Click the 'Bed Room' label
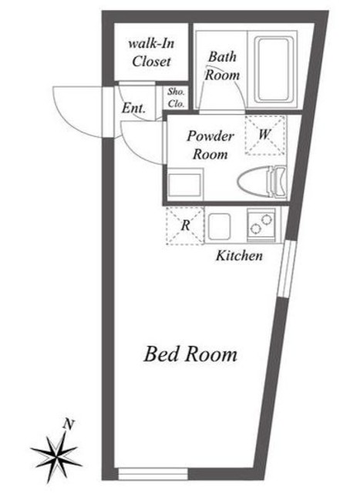[190, 355]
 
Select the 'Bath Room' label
[222, 66]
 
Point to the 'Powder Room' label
[210, 145]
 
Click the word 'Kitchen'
[239, 255]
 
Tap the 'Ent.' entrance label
[134, 108]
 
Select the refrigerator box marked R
[185, 226]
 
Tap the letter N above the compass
[69, 423]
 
